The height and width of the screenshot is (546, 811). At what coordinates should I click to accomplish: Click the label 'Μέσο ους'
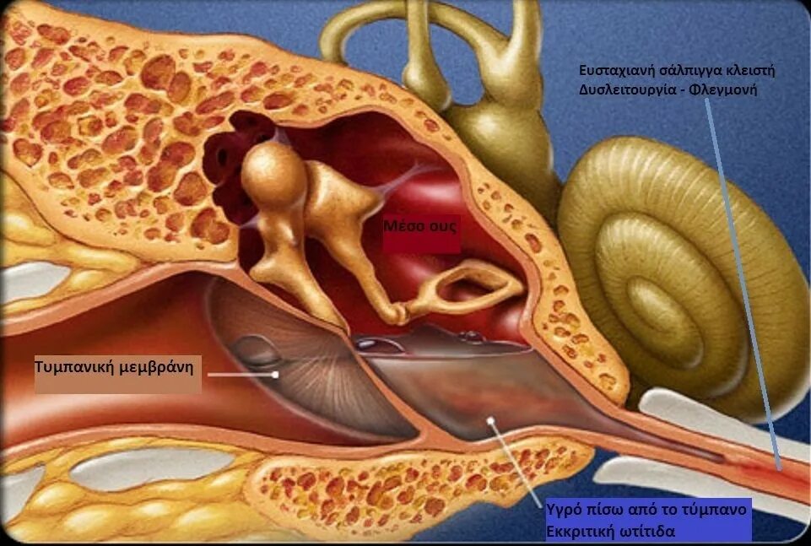point(421,227)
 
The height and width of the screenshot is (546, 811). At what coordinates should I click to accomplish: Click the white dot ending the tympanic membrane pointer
point(276,374)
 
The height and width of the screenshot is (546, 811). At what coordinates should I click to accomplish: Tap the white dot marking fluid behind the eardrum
point(490,419)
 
